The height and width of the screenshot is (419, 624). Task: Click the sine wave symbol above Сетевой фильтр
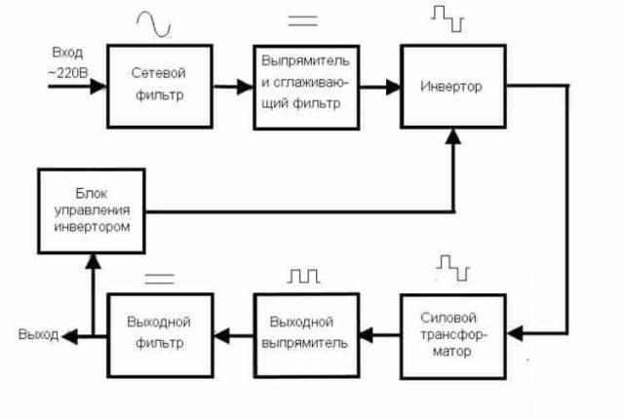(x=157, y=22)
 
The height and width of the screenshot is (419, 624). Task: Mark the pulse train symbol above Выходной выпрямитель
(x=303, y=277)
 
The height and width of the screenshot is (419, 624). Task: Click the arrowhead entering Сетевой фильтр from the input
(x=99, y=86)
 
